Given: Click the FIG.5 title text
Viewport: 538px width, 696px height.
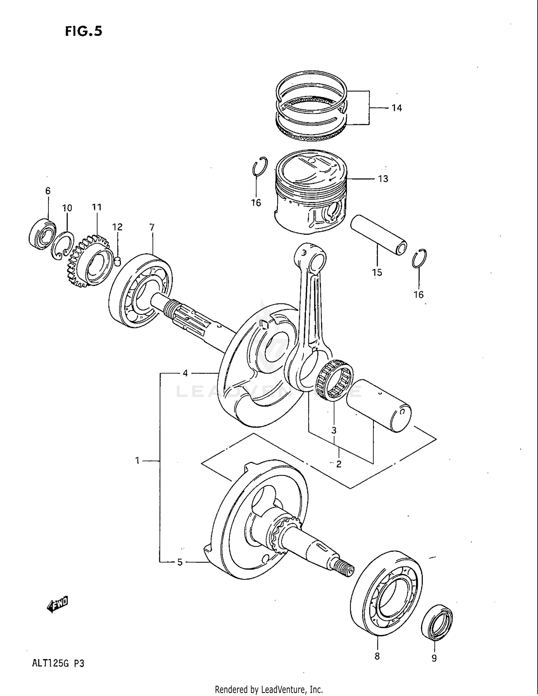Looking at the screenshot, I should pyautogui.click(x=84, y=32).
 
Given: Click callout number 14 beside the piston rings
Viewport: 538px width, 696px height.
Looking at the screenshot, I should pyautogui.click(x=396, y=108).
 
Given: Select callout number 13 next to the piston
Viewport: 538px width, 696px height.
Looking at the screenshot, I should pyautogui.click(x=383, y=179).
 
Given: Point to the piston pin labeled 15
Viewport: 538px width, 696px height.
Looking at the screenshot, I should pyautogui.click(x=379, y=235).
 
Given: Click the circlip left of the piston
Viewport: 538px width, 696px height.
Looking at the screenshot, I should pyautogui.click(x=259, y=166).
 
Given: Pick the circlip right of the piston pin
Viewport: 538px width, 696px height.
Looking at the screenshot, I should pyautogui.click(x=419, y=258).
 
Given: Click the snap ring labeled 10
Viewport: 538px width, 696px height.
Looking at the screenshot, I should pyautogui.click(x=62, y=246).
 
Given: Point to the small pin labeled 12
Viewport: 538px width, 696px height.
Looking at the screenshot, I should pyautogui.click(x=117, y=261).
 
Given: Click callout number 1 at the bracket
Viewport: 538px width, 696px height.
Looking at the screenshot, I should pyautogui.click(x=137, y=460).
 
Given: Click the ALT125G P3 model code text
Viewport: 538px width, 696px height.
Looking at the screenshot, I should pyautogui.click(x=58, y=663).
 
